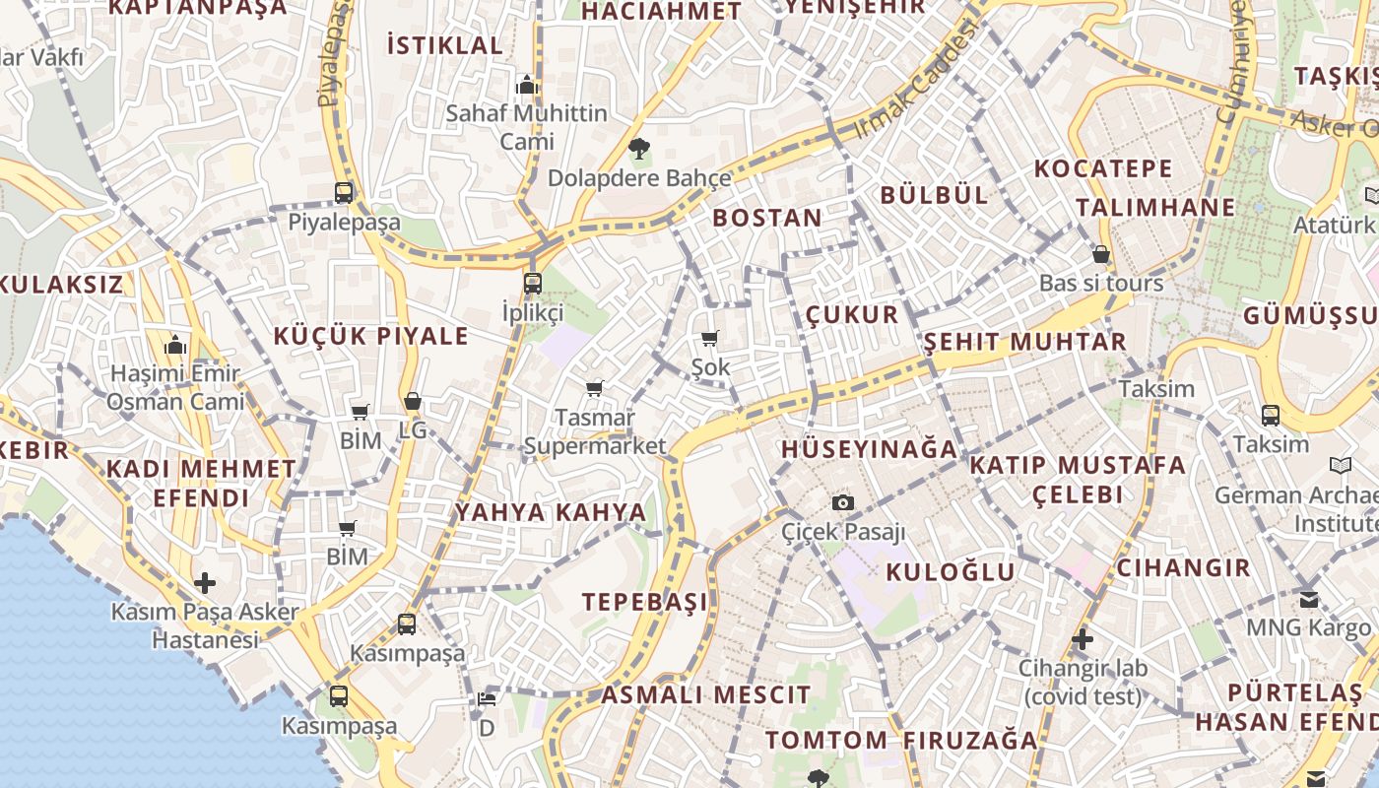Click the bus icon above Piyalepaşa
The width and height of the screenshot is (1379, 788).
pyautogui.click(x=344, y=192)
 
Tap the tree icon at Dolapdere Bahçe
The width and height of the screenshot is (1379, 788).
pyautogui.click(x=639, y=149)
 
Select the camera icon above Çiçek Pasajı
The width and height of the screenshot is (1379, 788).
pyautogui.click(x=842, y=503)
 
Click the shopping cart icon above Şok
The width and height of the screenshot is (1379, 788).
pyautogui.click(x=710, y=339)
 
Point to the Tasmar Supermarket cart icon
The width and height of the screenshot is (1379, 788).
pyautogui.click(x=595, y=388)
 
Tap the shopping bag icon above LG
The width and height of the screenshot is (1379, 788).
pyautogui.click(x=413, y=402)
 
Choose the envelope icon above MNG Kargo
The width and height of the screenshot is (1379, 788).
pyautogui.click(x=1309, y=599)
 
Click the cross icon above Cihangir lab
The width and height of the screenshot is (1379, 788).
pyautogui.click(x=1083, y=639)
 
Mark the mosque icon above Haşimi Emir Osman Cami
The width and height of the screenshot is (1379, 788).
pyautogui.click(x=175, y=345)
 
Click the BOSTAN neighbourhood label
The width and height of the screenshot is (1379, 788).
pyautogui.click(x=767, y=218)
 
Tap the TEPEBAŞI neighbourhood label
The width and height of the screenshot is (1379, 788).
pyautogui.click(x=645, y=602)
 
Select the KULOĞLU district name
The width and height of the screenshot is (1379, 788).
pyautogui.click(x=951, y=571)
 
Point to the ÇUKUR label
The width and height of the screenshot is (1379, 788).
pyautogui.click(x=852, y=314)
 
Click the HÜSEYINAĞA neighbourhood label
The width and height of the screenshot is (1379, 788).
pyautogui.click(x=869, y=449)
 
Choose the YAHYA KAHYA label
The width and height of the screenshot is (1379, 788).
pyautogui.click(x=551, y=512)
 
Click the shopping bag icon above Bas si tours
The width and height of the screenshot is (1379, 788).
pyautogui.click(x=1101, y=254)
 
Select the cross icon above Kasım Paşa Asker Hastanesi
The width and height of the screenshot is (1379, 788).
pyautogui.click(x=205, y=582)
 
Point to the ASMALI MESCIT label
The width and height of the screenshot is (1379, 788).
pyautogui.click(x=706, y=694)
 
